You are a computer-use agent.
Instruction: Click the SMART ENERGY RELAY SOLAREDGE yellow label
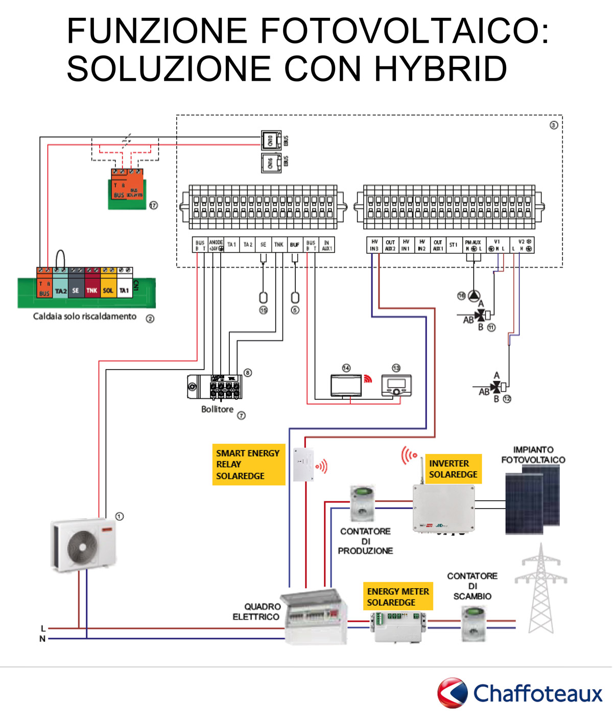[248, 464]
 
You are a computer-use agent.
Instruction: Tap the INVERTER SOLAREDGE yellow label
[453, 469]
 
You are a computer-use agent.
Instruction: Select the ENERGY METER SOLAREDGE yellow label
[398, 596]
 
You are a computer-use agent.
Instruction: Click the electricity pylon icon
[540, 590]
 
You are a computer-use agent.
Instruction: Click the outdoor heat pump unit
[83, 544]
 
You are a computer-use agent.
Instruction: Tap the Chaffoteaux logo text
[537, 694]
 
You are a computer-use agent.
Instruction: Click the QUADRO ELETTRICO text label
[256, 612]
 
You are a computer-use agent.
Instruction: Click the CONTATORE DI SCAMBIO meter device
[474, 623]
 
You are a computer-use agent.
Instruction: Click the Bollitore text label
[217, 410]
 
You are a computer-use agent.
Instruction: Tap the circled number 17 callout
[153, 205]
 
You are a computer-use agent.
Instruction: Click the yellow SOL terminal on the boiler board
[108, 290]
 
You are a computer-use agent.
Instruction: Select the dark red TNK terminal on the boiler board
[92, 290]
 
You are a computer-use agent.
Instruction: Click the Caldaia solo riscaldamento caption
[85, 317]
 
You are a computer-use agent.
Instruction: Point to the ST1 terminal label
[453, 245]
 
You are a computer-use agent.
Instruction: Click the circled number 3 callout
[554, 125]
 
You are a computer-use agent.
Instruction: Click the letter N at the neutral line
[42, 639]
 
